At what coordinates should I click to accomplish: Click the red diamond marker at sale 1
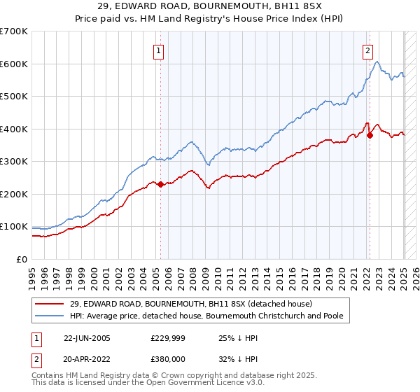point(160,184)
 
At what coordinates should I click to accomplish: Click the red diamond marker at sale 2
point(370,136)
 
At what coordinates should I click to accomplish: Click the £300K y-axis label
point(14,162)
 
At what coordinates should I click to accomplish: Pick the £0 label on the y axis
point(22,260)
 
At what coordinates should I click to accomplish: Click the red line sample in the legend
point(49,304)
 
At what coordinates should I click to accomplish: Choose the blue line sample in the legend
point(49,316)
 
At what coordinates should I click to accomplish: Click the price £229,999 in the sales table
point(168,338)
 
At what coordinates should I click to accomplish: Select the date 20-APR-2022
point(87,359)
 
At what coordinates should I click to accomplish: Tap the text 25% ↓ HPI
point(238,338)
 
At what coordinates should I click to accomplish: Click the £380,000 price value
point(168,359)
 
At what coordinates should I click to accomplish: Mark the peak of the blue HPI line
point(377,62)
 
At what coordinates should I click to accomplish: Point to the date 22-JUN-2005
point(87,338)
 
